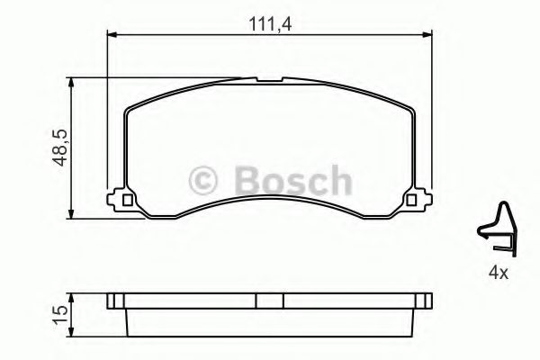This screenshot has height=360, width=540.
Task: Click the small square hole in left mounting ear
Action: [x=127, y=201]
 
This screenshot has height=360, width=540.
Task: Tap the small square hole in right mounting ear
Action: [x=412, y=201]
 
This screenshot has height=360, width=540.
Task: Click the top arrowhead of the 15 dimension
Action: [x=72, y=299]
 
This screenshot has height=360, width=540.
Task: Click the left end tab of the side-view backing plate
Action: [x=113, y=301]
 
